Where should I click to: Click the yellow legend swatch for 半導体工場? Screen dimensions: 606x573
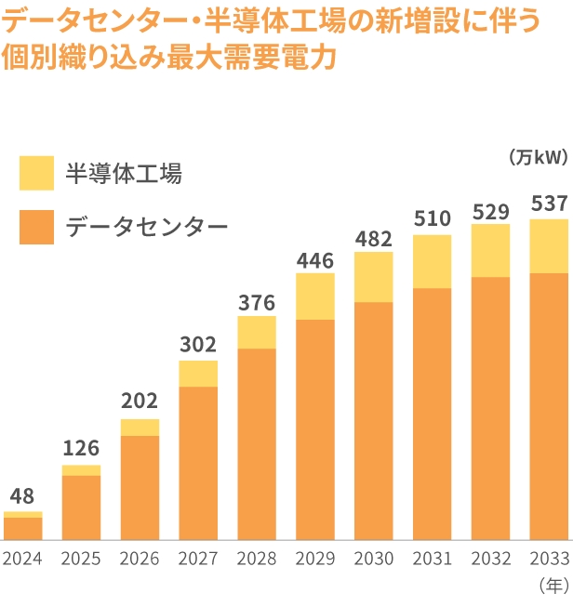point(37,173)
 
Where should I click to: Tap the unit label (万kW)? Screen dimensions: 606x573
point(539,157)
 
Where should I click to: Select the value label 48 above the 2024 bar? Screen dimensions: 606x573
point(22,495)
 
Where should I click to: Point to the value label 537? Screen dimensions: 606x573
point(548,204)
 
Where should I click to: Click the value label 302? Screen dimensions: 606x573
point(197,345)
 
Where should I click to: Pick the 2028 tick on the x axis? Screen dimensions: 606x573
point(257,560)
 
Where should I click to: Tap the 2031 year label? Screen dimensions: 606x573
point(432,560)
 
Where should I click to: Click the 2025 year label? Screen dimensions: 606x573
point(81,560)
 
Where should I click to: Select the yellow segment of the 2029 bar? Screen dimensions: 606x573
point(315,296)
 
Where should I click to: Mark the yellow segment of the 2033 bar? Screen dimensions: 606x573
point(548,246)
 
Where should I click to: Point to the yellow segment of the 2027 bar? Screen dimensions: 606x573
point(198,374)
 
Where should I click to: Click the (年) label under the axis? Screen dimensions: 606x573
point(553,586)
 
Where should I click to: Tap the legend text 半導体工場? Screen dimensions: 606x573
point(123,174)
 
